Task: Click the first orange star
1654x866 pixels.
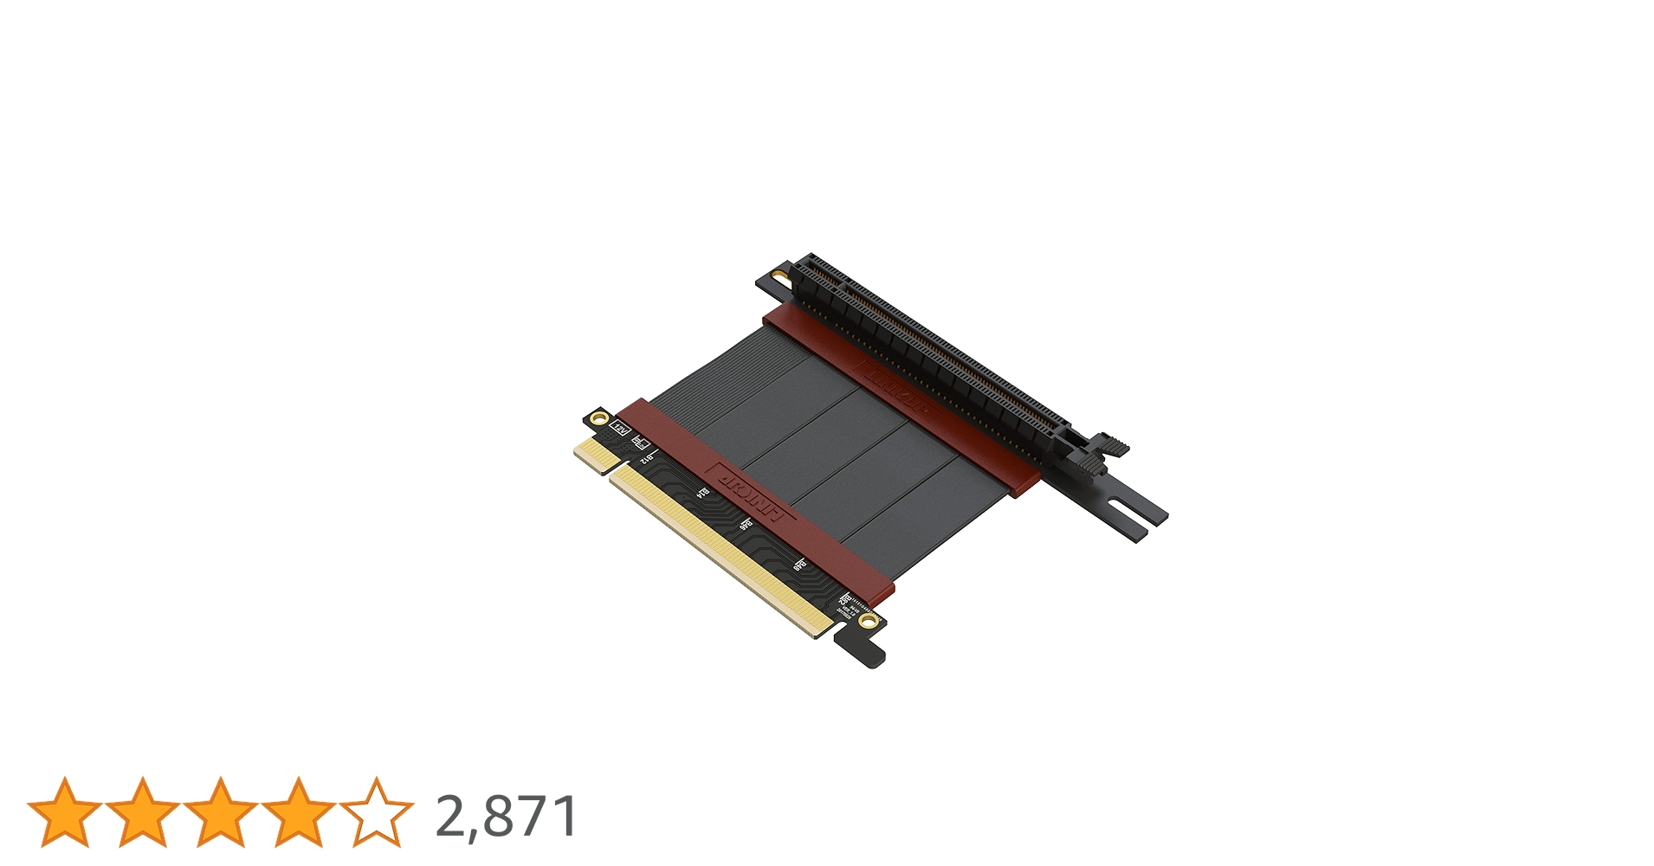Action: coord(65,812)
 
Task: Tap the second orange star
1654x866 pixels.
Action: coord(143,812)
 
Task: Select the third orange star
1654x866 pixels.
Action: coord(221,812)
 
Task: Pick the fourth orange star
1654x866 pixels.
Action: coord(299,812)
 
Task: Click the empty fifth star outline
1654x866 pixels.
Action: coord(377,812)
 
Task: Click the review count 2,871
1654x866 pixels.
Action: coord(507,816)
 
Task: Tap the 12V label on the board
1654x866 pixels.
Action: coord(620,427)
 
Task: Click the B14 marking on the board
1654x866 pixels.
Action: coord(703,493)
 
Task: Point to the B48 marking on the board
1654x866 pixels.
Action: coord(799,564)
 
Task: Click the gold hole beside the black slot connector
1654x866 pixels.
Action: coord(778,277)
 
